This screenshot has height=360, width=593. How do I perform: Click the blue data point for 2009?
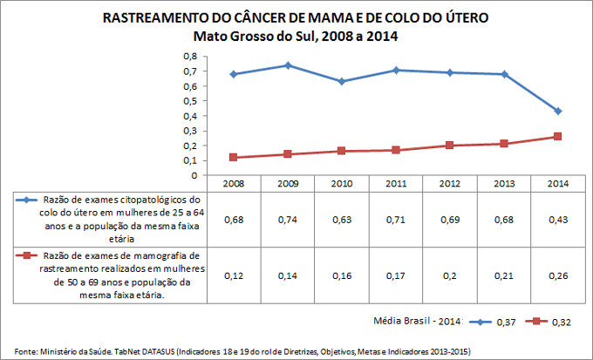pos(288,65)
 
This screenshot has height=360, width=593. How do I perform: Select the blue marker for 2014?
pos(557,112)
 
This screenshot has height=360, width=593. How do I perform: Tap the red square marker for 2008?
pos(234,157)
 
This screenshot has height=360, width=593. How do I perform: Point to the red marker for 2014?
pos(557,136)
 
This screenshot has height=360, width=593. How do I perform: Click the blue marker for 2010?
pos(342,81)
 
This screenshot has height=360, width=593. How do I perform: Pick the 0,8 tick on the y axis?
pos(191,56)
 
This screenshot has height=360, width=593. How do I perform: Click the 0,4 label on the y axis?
pos(191,115)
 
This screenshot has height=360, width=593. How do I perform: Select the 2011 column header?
pos(395,183)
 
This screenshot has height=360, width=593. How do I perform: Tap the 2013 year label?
pos(503,183)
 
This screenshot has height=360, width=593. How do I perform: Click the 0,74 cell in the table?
pos(288,219)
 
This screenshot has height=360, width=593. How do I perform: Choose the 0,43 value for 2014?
pos(557,219)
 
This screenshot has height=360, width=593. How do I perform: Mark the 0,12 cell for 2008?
pos(234,275)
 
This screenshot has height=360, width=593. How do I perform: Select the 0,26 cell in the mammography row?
pos(557,275)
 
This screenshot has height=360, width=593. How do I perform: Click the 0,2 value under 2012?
pos(449,275)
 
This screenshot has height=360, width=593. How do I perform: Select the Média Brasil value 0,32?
pos(563,321)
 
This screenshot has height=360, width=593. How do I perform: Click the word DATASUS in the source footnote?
pos(154,351)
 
